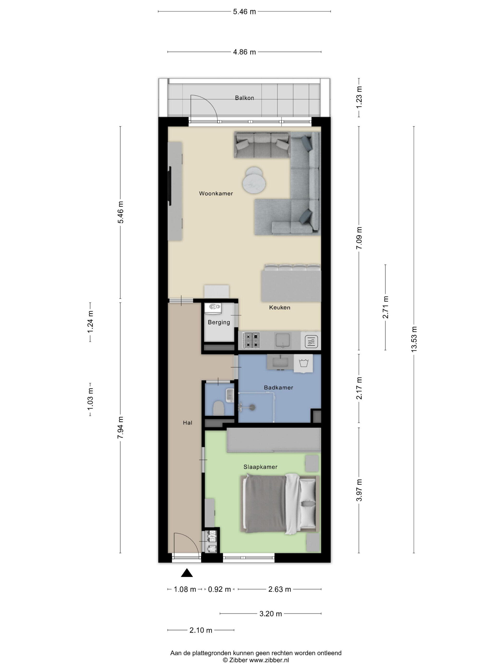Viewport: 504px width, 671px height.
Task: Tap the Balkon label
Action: click(244, 98)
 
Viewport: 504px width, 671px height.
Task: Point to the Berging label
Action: click(219, 322)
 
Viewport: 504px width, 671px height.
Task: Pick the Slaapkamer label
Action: click(260, 467)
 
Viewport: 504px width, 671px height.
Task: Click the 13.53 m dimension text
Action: click(414, 339)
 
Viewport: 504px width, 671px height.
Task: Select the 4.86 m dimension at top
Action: click(244, 52)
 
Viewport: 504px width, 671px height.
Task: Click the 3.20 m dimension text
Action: click(270, 614)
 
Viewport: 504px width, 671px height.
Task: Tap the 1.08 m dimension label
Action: click(185, 589)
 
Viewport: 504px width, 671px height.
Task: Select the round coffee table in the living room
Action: click(255, 180)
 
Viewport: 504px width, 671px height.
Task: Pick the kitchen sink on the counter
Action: click(283, 340)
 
